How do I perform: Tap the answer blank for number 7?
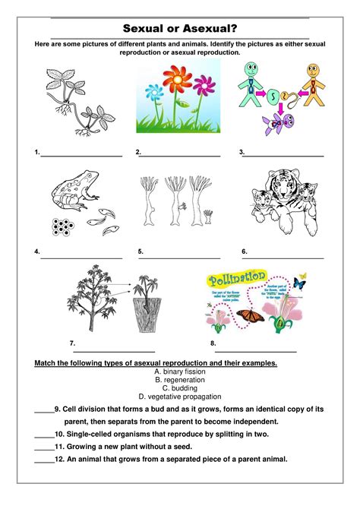click(114, 351)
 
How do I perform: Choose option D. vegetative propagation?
click(179, 396)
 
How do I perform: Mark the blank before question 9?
click(44, 411)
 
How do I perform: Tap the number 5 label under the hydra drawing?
click(141, 251)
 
